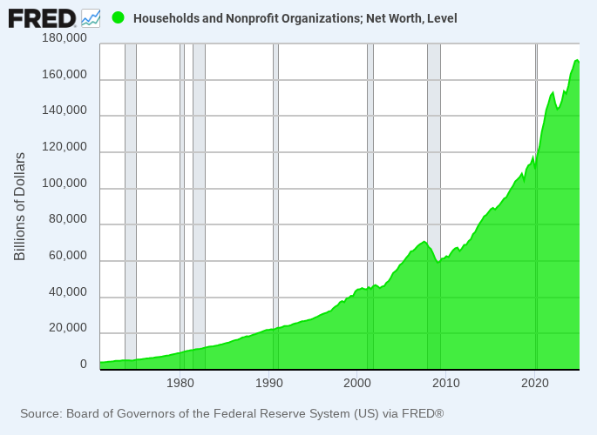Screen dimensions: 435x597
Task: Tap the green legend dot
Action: pos(119,18)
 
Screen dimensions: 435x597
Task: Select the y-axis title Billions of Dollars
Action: pos(20,206)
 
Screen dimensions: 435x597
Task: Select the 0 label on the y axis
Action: pos(84,365)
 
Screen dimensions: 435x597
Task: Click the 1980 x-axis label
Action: pos(180,383)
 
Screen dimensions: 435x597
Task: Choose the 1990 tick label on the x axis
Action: pos(268,383)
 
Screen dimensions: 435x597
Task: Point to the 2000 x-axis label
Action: pos(357,383)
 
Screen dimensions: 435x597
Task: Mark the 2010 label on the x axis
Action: pos(446,383)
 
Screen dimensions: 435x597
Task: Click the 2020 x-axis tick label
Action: pos(534,383)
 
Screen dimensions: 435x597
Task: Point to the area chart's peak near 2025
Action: pos(577,60)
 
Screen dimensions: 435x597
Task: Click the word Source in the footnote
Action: pos(40,413)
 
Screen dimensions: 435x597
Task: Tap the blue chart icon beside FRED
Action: pos(91,17)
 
